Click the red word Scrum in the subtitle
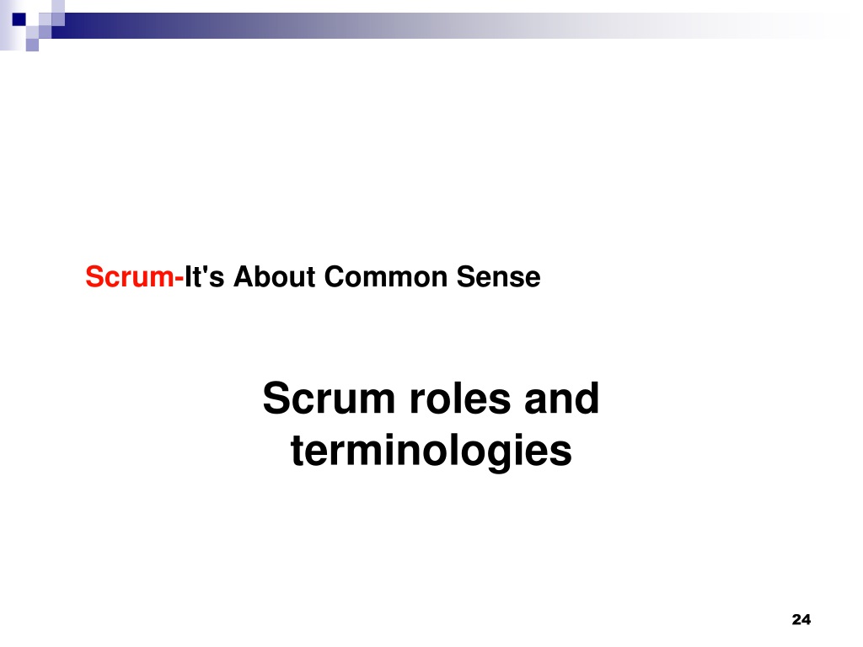tap(129, 276)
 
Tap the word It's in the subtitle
tap(204, 276)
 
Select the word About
tap(275, 276)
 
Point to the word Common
tap(386, 276)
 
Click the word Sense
tap(499, 276)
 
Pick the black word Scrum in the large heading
tap(330, 398)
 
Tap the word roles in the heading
tap(460, 398)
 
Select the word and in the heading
tap(561, 398)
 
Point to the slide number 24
tap(801, 620)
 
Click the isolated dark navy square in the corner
tap(19, 19)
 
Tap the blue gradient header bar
tap(440, 26)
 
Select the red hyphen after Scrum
tap(179, 280)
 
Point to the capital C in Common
tap(335, 276)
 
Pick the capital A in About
tap(245, 276)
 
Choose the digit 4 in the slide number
tap(807, 620)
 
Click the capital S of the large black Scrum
tap(276, 398)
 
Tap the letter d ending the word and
tap(587, 398)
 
